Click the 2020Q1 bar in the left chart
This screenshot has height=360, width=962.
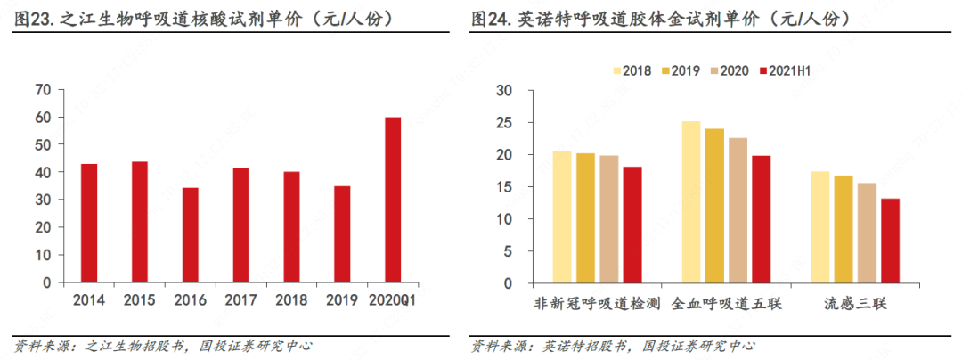point(393,200)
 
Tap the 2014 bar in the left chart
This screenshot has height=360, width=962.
point(89,223)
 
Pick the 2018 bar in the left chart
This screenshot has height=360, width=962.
point(291,226)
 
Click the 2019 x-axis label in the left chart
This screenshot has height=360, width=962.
point(342,300)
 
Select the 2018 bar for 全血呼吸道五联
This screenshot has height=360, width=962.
point(691,202)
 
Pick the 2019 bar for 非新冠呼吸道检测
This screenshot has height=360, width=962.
point(585,218)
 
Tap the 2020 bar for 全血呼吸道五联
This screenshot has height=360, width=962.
point(738,210)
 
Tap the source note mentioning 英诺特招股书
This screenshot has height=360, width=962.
point(613,346)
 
